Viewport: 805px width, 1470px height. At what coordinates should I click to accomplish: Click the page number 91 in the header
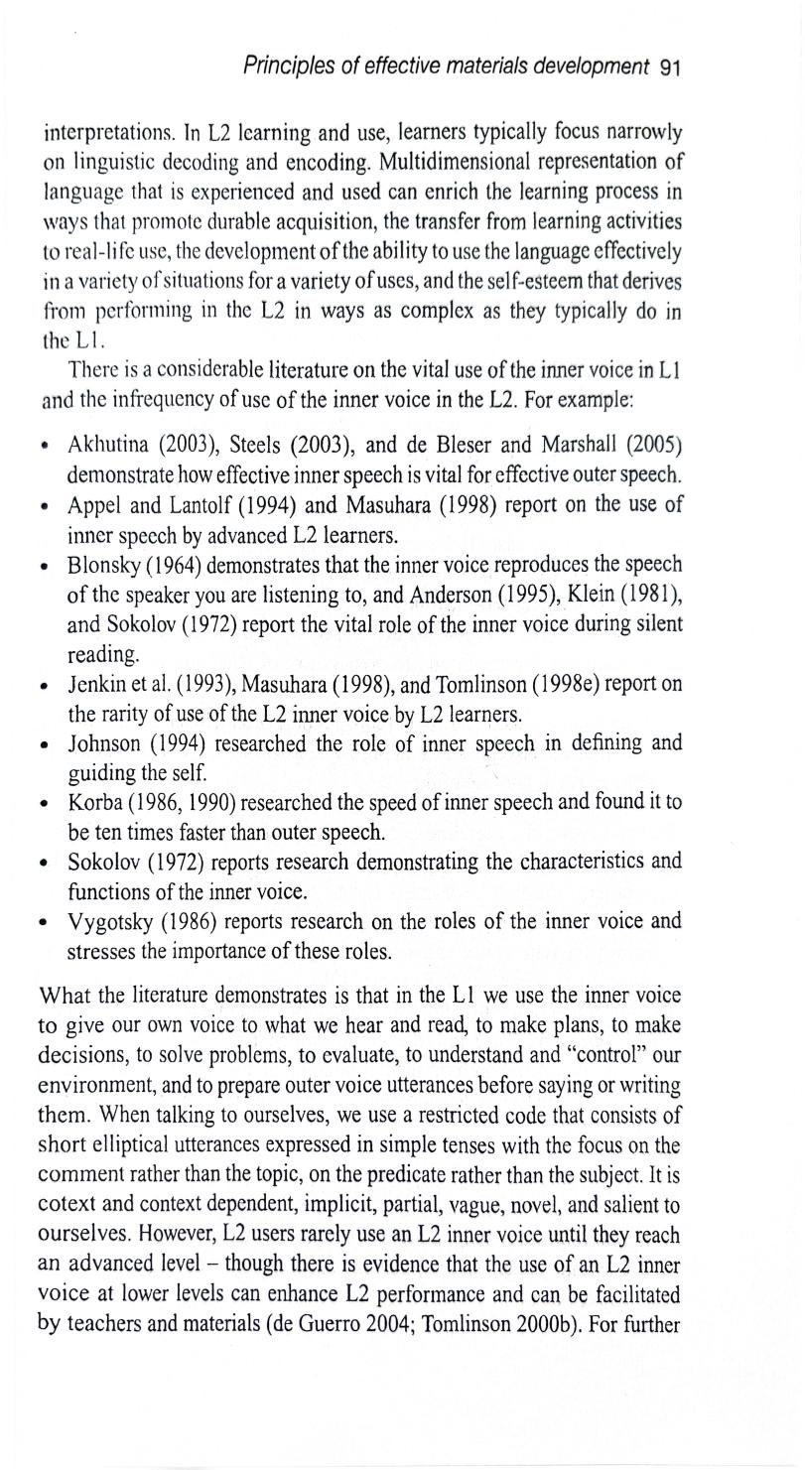tap(669, 68)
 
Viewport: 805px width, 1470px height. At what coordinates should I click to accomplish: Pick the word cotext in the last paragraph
tap(67, 1206)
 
